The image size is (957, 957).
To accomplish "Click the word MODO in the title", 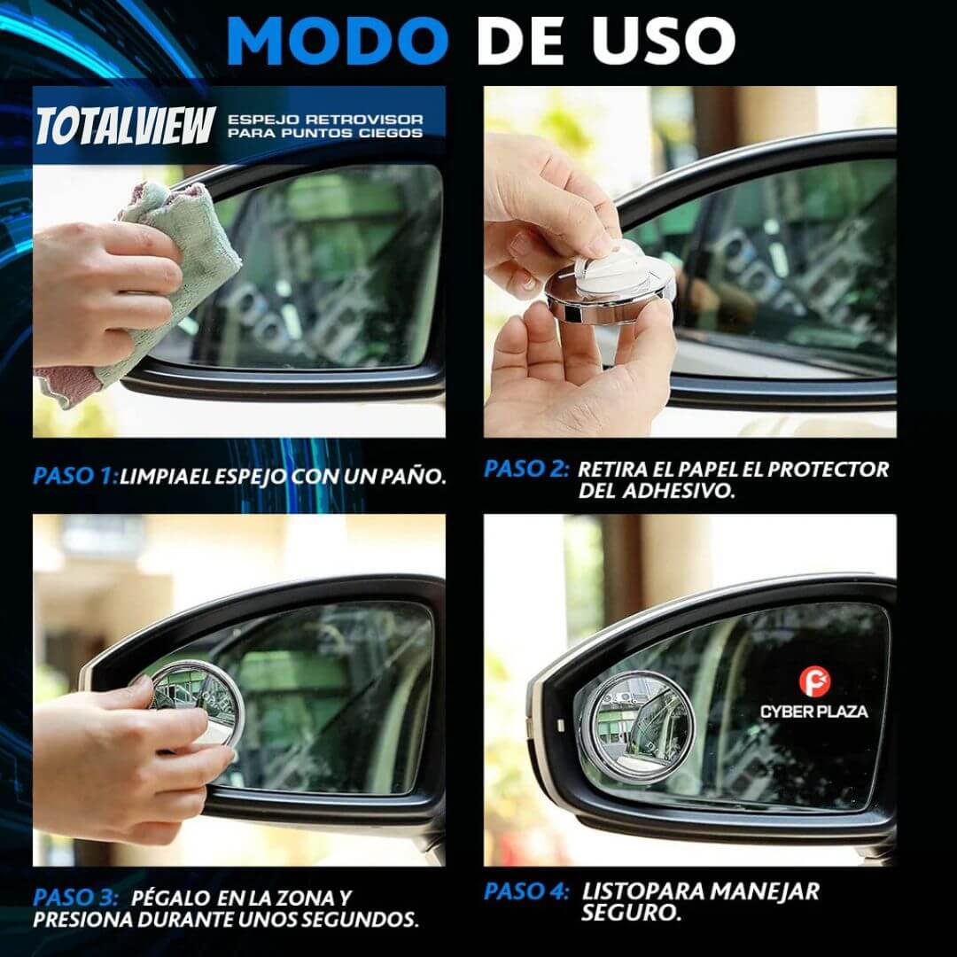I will coord(337,40).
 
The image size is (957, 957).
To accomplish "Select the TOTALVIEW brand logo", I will coord(125,126).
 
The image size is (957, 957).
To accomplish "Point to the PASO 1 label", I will coord(74,475).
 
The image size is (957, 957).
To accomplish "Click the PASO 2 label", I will coord(525,470).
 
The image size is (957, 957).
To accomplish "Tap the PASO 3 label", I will coord(74,898).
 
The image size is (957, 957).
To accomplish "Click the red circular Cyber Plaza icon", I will coord(813,683).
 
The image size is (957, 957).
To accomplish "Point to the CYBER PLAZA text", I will coord(813,711).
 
